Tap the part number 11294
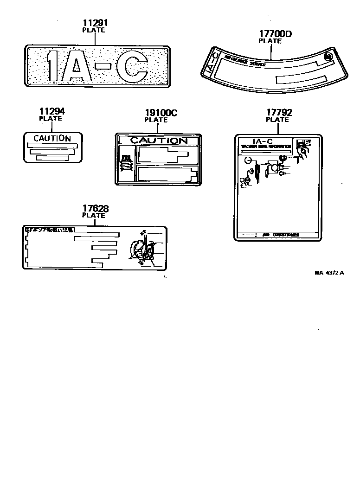[51, 111]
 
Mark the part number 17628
[95, 209]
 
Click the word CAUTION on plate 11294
[52, 138]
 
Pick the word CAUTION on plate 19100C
[158, 141]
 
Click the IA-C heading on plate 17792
[263, 141]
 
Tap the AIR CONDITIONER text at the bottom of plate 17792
[281, 235]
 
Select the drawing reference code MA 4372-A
[329, 273]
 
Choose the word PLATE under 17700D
[270, 41]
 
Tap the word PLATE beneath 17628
[94, 215]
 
